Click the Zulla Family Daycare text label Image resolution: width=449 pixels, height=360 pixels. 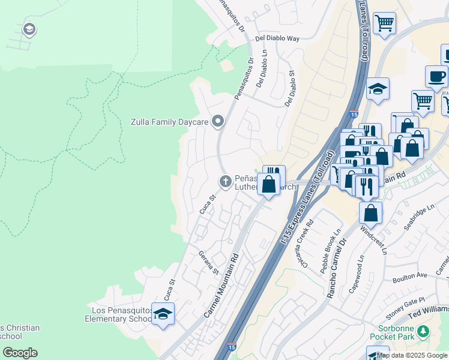pyautogui.click(x=169, y=122)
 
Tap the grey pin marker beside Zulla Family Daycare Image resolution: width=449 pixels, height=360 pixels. pyautogui.click(x=218, y=121)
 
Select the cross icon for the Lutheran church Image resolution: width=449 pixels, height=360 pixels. pyautogui.click(x=226, y=181)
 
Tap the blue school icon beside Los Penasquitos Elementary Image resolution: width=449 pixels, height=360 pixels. pyautogui.click(x=163, y=314)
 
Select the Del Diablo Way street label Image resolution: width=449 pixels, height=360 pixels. pyautogui.click(x=277, y=38)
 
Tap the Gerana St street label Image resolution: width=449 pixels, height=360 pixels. pyautogui.click(x=208, y=263)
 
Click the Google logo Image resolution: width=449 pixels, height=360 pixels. pyautogui.click(x=20, y=353)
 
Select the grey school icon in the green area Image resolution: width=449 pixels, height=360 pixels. pyautogui.click(x=29, y=29)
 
